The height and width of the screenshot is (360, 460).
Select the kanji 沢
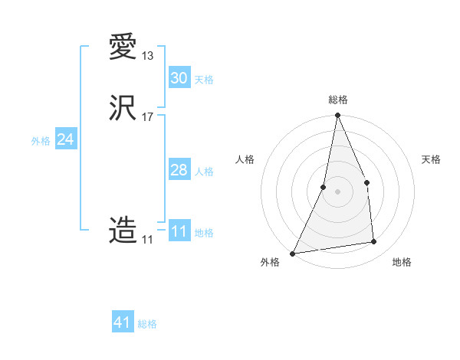click(123, 108)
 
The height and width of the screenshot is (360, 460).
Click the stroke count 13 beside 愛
click(148, 56)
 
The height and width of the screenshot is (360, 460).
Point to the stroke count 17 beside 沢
click(148, 117)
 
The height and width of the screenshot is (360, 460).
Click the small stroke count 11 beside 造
click(147, 240)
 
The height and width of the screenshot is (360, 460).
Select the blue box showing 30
click(179, 78)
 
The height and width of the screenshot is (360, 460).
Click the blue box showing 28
click(179, 170)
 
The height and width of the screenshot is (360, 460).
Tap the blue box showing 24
click(66, 139)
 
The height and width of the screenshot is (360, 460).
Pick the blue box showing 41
click(123, 322)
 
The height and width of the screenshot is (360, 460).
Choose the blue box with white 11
click(179, 231)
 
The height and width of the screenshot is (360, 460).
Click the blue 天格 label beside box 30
click(204, 80)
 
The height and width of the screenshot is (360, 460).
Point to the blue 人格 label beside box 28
click(204, 172)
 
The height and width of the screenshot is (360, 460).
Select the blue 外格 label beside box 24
click(41, 141)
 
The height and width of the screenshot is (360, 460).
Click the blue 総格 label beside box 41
click(147, 324)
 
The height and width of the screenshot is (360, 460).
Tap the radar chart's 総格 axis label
click(338, 100)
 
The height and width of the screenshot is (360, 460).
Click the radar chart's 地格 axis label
click(402, 262)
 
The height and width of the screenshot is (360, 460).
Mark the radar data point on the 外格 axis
click(293, 253)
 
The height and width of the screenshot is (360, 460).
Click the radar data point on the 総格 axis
click(337, 116)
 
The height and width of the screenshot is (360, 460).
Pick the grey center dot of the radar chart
click(337, 191)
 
